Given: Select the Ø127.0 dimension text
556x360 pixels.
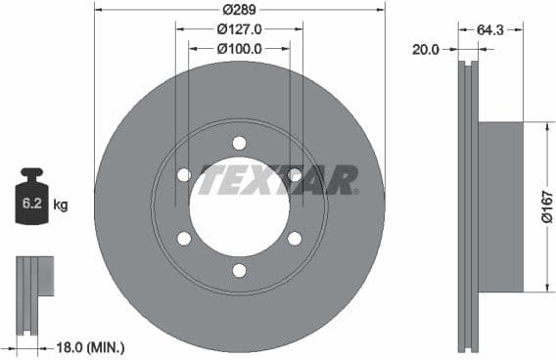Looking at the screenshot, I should tap(239, 29).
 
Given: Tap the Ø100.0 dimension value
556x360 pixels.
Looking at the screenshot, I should tap(239, 48).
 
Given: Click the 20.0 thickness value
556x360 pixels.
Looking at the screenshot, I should tap(427, 48).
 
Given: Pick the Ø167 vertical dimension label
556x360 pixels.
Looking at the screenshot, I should tap(547, 206).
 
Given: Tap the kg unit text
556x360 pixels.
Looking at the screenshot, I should tap(61, 205).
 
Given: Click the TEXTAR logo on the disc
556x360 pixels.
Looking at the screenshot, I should tap(278, 180).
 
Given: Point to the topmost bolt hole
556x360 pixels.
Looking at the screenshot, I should tap(239, 143).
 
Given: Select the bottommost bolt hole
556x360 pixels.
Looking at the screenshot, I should tap(239, 271).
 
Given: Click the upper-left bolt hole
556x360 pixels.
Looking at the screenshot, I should tap(184, 175).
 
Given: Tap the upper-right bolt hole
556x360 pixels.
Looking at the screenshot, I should tap(295, 175).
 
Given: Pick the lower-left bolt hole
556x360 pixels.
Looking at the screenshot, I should tap(184, 239).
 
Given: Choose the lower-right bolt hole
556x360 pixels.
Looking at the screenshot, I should tap(295, 239).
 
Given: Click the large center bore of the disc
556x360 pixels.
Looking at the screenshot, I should tap(239, 207).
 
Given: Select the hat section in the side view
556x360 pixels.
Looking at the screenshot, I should tap(499, 207).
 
